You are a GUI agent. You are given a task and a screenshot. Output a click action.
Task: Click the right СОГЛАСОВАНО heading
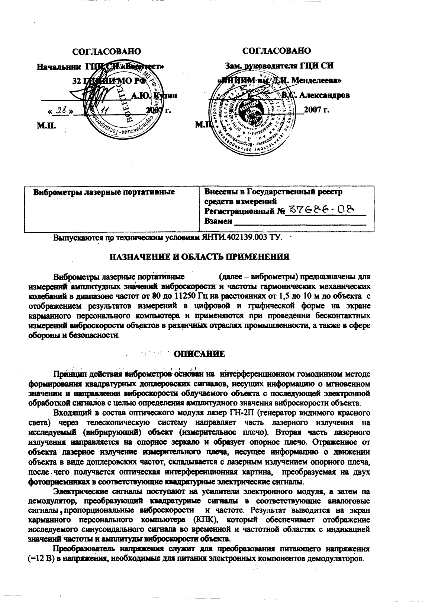click(x=277, y=51)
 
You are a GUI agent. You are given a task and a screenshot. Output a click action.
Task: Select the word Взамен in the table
click(x=218, y=221)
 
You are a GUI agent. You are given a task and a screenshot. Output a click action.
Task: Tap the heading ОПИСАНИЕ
click(x=200, y=354)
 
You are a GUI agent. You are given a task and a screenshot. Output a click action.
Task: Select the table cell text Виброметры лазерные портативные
click(x=104, y=193)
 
